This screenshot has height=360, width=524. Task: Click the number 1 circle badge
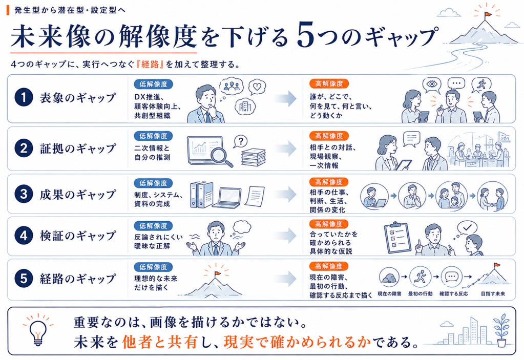pos(24,97)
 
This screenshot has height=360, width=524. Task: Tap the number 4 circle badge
pos(24,236)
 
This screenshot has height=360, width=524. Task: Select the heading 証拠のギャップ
pos(78,149)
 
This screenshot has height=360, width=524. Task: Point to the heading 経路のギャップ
pos(78,278)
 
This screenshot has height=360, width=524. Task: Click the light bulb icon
pos(38,329)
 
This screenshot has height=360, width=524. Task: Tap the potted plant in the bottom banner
pos(501,330)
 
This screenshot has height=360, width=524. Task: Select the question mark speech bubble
pos(240,142)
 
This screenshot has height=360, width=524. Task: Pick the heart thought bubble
pos(257,88)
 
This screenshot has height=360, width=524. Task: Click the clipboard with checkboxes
pos(397,238)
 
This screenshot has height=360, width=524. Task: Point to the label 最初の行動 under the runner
pos(421,294)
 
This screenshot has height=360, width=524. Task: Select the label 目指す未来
pos(493,294)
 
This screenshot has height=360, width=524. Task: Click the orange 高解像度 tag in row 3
pos(329,182)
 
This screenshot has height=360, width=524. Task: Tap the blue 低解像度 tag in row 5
pos(153,267)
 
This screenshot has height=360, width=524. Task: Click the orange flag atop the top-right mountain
pos(488,14)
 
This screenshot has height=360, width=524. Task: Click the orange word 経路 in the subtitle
pos(150,64)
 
